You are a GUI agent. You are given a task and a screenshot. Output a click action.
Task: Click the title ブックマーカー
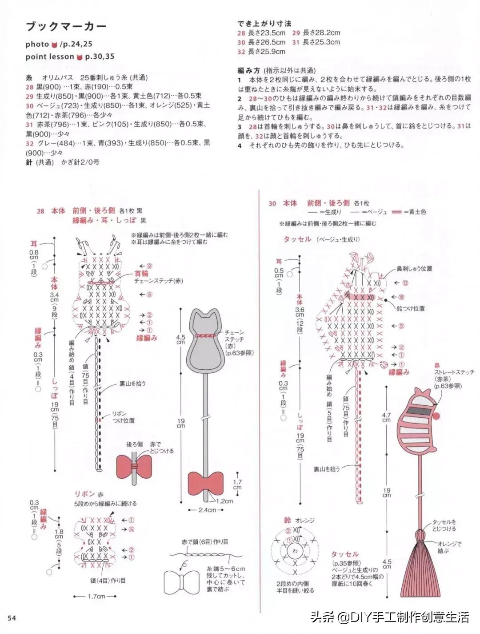(x=66, y=26)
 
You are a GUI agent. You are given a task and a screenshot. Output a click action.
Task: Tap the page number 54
(x=12, y=618)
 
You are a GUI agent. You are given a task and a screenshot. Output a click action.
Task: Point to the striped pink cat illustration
(x=418, y=420)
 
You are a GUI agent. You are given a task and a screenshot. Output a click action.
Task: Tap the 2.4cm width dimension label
(x=207, y=510)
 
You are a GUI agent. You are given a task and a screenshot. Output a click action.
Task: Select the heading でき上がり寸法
(x=264, y=23)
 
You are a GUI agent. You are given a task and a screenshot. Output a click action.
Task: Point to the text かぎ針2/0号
(x=81, y=162)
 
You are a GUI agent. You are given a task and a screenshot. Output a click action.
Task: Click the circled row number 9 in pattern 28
(x=149, y=266)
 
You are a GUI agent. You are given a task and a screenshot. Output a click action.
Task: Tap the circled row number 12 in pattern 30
(x=405, y=283)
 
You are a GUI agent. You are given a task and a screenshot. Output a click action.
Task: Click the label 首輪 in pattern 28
(x=141, y=274)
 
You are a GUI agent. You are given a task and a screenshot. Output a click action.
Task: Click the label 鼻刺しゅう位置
(x=414, y=269)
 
